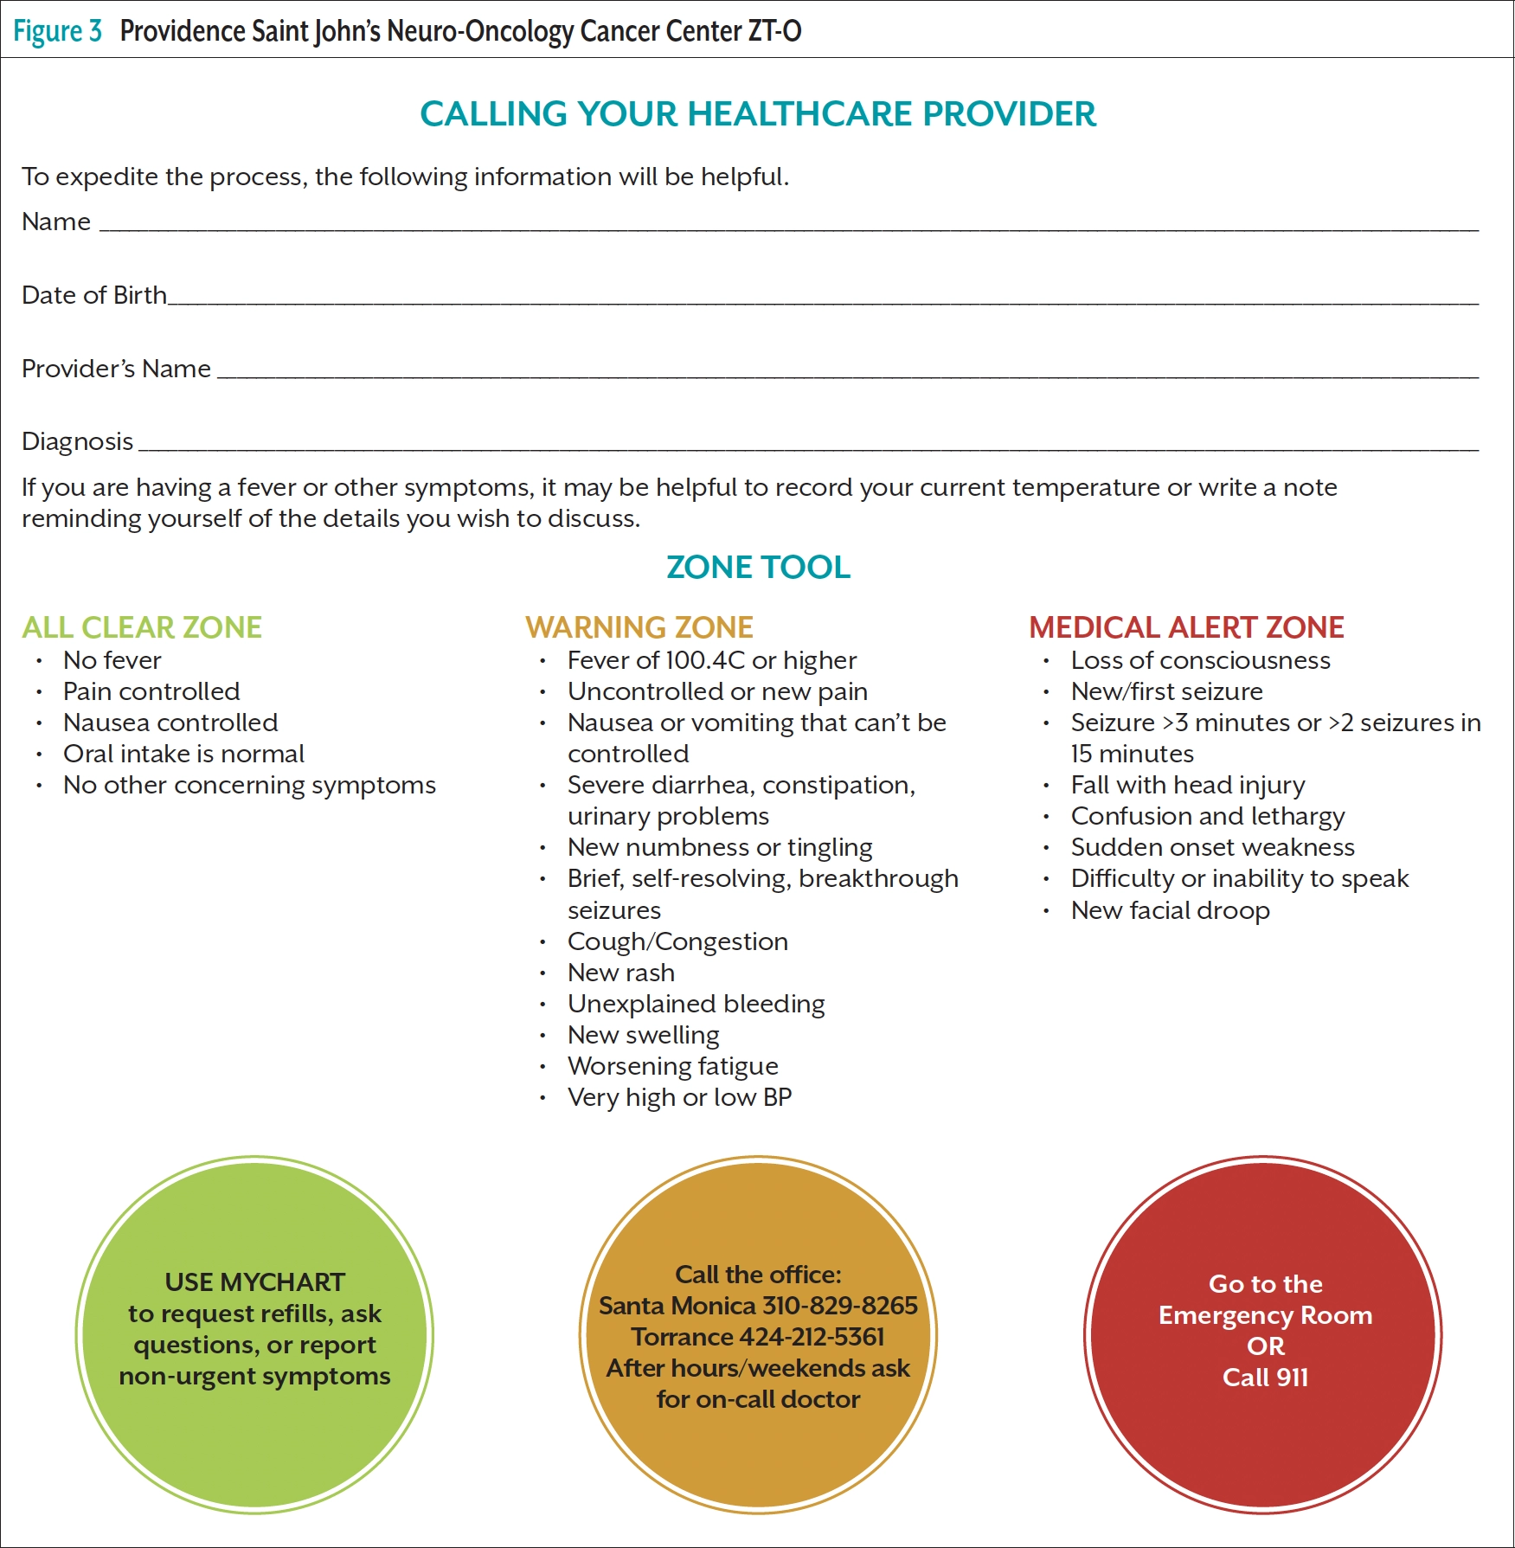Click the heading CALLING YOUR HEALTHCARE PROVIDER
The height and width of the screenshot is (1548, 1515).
[757, 114]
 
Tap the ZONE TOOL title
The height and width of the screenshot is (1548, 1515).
[758, 568]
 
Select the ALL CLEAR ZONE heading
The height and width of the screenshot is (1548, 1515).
[142, 627]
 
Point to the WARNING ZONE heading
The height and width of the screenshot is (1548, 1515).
[639, 627]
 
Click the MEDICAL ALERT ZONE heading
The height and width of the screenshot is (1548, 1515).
[1186, 627]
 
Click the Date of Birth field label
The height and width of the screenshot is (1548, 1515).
[94, 296]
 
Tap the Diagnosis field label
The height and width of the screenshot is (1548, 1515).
[78, 442]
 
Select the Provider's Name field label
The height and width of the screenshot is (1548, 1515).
[116, 369]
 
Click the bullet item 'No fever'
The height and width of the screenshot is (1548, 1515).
[112, 661]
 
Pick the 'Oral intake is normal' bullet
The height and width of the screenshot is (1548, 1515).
[183, 755]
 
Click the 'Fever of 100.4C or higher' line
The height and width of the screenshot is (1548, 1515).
[711, 661]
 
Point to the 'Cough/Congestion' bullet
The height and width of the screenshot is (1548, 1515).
[677, 941]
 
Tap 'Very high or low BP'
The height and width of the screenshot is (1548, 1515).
[679, 1097]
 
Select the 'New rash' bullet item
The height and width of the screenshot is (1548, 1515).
[620, 973]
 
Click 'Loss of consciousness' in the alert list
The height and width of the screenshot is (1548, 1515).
[1200, 661]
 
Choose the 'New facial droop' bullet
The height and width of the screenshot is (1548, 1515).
[1170, 910]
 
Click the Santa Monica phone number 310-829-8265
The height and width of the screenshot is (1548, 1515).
[839, 1306]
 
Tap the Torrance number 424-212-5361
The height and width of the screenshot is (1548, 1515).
[812, 1337]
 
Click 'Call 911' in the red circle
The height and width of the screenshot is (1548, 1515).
[1265, 1378]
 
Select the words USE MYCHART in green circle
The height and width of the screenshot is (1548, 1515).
[254, 1282]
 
